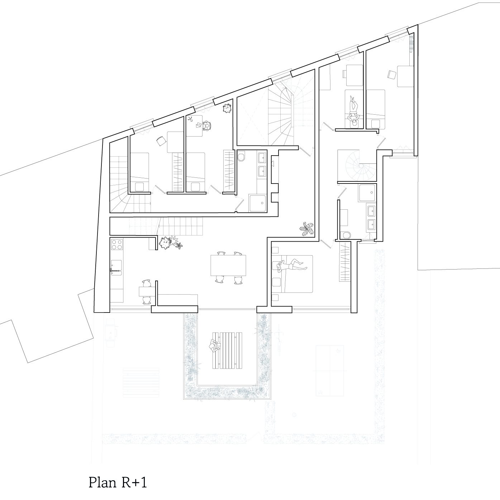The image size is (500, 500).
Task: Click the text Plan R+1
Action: (118, 482)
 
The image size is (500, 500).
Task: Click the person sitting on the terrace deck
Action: (214, 346)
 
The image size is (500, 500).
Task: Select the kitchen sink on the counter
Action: (116, 268)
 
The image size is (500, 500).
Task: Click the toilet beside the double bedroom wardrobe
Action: (346, 235)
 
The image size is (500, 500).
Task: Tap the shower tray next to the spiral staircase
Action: (367, 192)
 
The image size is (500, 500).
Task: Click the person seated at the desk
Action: (207, 125)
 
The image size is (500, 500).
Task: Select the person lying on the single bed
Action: (353, 111)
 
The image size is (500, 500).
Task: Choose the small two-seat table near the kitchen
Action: (147, 291)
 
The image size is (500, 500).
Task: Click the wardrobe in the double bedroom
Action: (344, 261)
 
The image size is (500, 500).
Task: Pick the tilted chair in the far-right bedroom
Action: (391, 75)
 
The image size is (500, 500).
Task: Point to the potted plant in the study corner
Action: (227, 108)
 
